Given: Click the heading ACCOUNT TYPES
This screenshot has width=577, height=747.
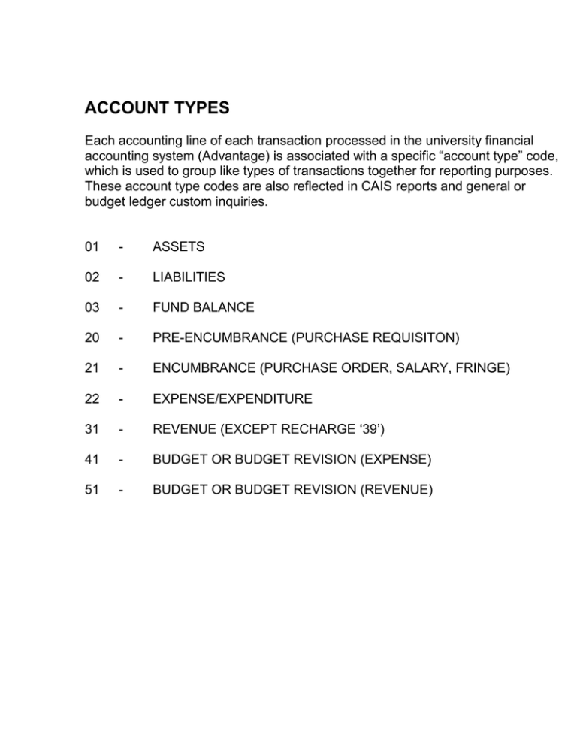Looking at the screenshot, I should pos(157,109).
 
